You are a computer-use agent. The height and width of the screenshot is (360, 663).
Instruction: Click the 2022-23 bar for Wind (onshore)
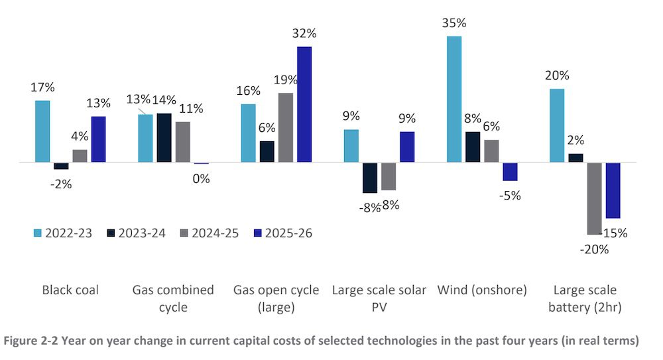(x=454, y=99)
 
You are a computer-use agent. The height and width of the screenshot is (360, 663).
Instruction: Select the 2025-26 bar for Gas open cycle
(x=304, y=104)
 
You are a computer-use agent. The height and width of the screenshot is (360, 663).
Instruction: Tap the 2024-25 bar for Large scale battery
(x=594, y=198)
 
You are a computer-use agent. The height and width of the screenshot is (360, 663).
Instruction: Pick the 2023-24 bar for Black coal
(x=61, y=166)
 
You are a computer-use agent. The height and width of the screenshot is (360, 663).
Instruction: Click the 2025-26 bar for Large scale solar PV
(x=407, y=147)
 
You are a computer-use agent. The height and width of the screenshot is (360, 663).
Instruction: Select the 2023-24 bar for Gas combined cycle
(x=164, y=138)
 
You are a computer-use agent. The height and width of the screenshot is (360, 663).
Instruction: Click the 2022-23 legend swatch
(x=38, y=233)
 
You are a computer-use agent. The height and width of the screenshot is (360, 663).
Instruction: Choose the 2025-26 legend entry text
(x=288, y=233)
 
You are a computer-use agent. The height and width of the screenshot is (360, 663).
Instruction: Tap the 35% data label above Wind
(x=454, y=23)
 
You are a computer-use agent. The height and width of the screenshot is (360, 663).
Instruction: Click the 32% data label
(x=304, y=34)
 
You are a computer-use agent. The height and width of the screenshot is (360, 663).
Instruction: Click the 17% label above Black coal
(x=42, y=87)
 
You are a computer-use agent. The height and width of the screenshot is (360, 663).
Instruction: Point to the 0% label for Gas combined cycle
(x=202, y=178)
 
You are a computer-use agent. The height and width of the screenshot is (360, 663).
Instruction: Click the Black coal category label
(x=70, y=290)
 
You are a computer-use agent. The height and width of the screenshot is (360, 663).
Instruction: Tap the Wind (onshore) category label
(x=481, y=290)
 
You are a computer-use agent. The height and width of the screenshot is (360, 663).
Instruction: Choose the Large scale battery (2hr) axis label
(x=584, y=298)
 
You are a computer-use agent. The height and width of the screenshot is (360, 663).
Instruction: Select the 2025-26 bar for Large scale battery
(x=613, y=190)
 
